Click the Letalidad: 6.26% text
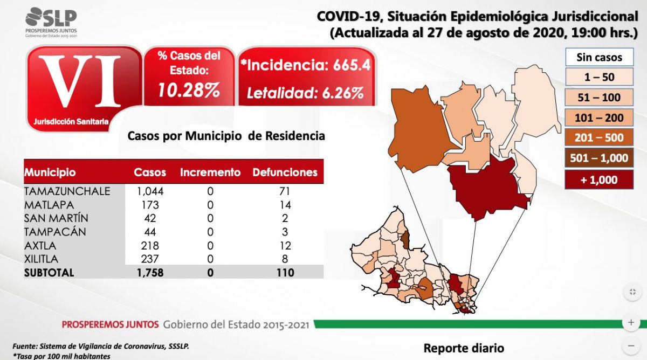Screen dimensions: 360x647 pyautogui.click(x=305, y=93)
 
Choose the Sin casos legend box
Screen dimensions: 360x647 pyautogui.click(x=599, y=57)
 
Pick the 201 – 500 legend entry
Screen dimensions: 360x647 pyautogui.click(x=599, y=137)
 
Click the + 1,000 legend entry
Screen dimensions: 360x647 pyautogui.click(x=599, y=180)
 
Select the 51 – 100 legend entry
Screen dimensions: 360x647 pyautogui.click(x=599, y=98)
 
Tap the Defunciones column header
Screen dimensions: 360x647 pyautogui.click(x=285, y=173)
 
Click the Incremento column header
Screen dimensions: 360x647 pyautogui.click(x=210, y=173)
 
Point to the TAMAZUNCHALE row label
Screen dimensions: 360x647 pyautogui.click(x=67, y=191)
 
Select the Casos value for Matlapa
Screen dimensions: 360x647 pyautogui.click(x=150, y=205)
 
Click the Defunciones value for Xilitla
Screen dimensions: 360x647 pyautogui.click(x=285, y=259)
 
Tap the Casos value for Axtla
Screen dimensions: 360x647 pyautogui.click(x=150, y=245)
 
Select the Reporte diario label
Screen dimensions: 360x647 pyautogui.click(x=464, y=348)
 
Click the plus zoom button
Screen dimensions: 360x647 pyautogui.click(x=631, y=323)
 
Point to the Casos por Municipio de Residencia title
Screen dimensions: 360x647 pyautogui.click(x=226, y=136)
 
